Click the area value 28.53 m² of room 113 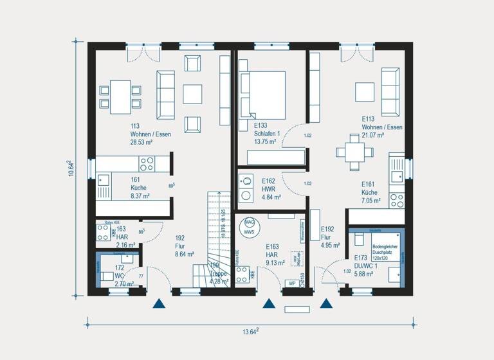click(x=142, y=142)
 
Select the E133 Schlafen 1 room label click(x=265, y=130)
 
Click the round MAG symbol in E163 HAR click(x=250, y=222)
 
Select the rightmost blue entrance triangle click(x=326, y=303)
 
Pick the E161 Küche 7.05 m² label click(x=371, y=192)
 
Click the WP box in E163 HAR click(x=291, y=282)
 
